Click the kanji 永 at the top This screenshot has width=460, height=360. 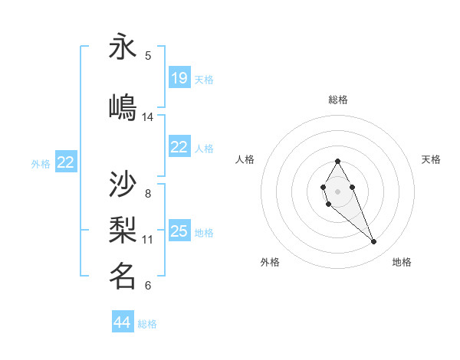(x=123, y=47)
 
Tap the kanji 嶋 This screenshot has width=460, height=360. (x=123, y=108)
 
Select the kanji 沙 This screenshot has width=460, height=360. (x=123, y=185)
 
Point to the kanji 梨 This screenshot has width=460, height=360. (x=123, y=231)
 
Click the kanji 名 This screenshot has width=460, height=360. (x=123, y=276)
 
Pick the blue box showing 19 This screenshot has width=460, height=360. (x=179, y=78)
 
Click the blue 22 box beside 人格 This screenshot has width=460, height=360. (x=179, y=147)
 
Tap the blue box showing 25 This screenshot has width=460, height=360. (x=179, y=231)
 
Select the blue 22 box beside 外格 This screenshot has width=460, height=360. (x=66, y=162)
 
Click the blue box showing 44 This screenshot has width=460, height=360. (x=123, y=322)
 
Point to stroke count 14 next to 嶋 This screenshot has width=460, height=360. (x=148, y=117)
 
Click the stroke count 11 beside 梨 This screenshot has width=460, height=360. (x=148, y=240)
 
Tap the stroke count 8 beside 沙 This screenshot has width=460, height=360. (x=148, y=193)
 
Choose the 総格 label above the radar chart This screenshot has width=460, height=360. (x=338, y=100)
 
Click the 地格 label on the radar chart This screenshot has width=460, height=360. (x=402, y=262)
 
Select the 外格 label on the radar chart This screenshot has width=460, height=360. (x=270, y=262)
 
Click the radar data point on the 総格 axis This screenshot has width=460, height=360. (x=337, y=161)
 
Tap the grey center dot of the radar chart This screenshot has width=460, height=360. (x=337, y=190)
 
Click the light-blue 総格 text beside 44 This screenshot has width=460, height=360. (x=147, y=324)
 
